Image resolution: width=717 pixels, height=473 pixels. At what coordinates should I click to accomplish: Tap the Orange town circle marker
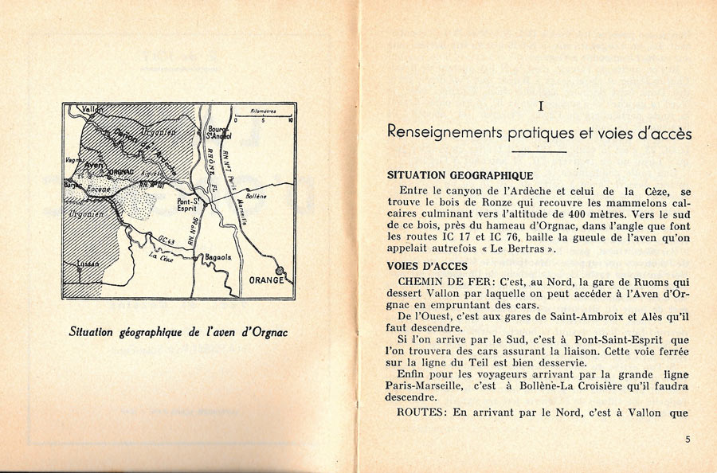point(279,270)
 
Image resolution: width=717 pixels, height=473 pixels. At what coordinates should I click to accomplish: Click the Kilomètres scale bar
point(263,117)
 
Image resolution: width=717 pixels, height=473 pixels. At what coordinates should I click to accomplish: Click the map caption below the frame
point(178,331)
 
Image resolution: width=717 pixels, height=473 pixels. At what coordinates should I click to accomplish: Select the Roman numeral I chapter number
point(540,105)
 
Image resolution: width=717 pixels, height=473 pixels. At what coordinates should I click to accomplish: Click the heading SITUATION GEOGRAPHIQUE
point(460,175)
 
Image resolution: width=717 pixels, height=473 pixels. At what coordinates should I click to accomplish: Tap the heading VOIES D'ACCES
point(427,266)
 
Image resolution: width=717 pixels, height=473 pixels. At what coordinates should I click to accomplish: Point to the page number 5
point(688,439)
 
